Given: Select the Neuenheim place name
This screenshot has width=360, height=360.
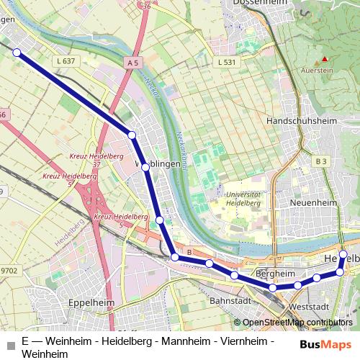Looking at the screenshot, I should click(x=312, y=203).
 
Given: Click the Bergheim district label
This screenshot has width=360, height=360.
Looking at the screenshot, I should click(x=275, y=274).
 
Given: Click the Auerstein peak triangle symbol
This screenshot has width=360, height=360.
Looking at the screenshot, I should click(x=325, y=58).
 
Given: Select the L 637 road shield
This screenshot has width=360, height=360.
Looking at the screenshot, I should click(x=64, y=61).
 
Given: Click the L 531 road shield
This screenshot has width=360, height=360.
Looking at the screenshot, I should click(x=226, y=63).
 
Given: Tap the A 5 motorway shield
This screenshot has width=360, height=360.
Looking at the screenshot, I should click(x=132, y=63).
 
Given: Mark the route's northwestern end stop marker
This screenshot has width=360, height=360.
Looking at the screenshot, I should click(x=17, y=52).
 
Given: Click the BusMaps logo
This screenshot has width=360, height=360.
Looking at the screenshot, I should click(x=320, y=343).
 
